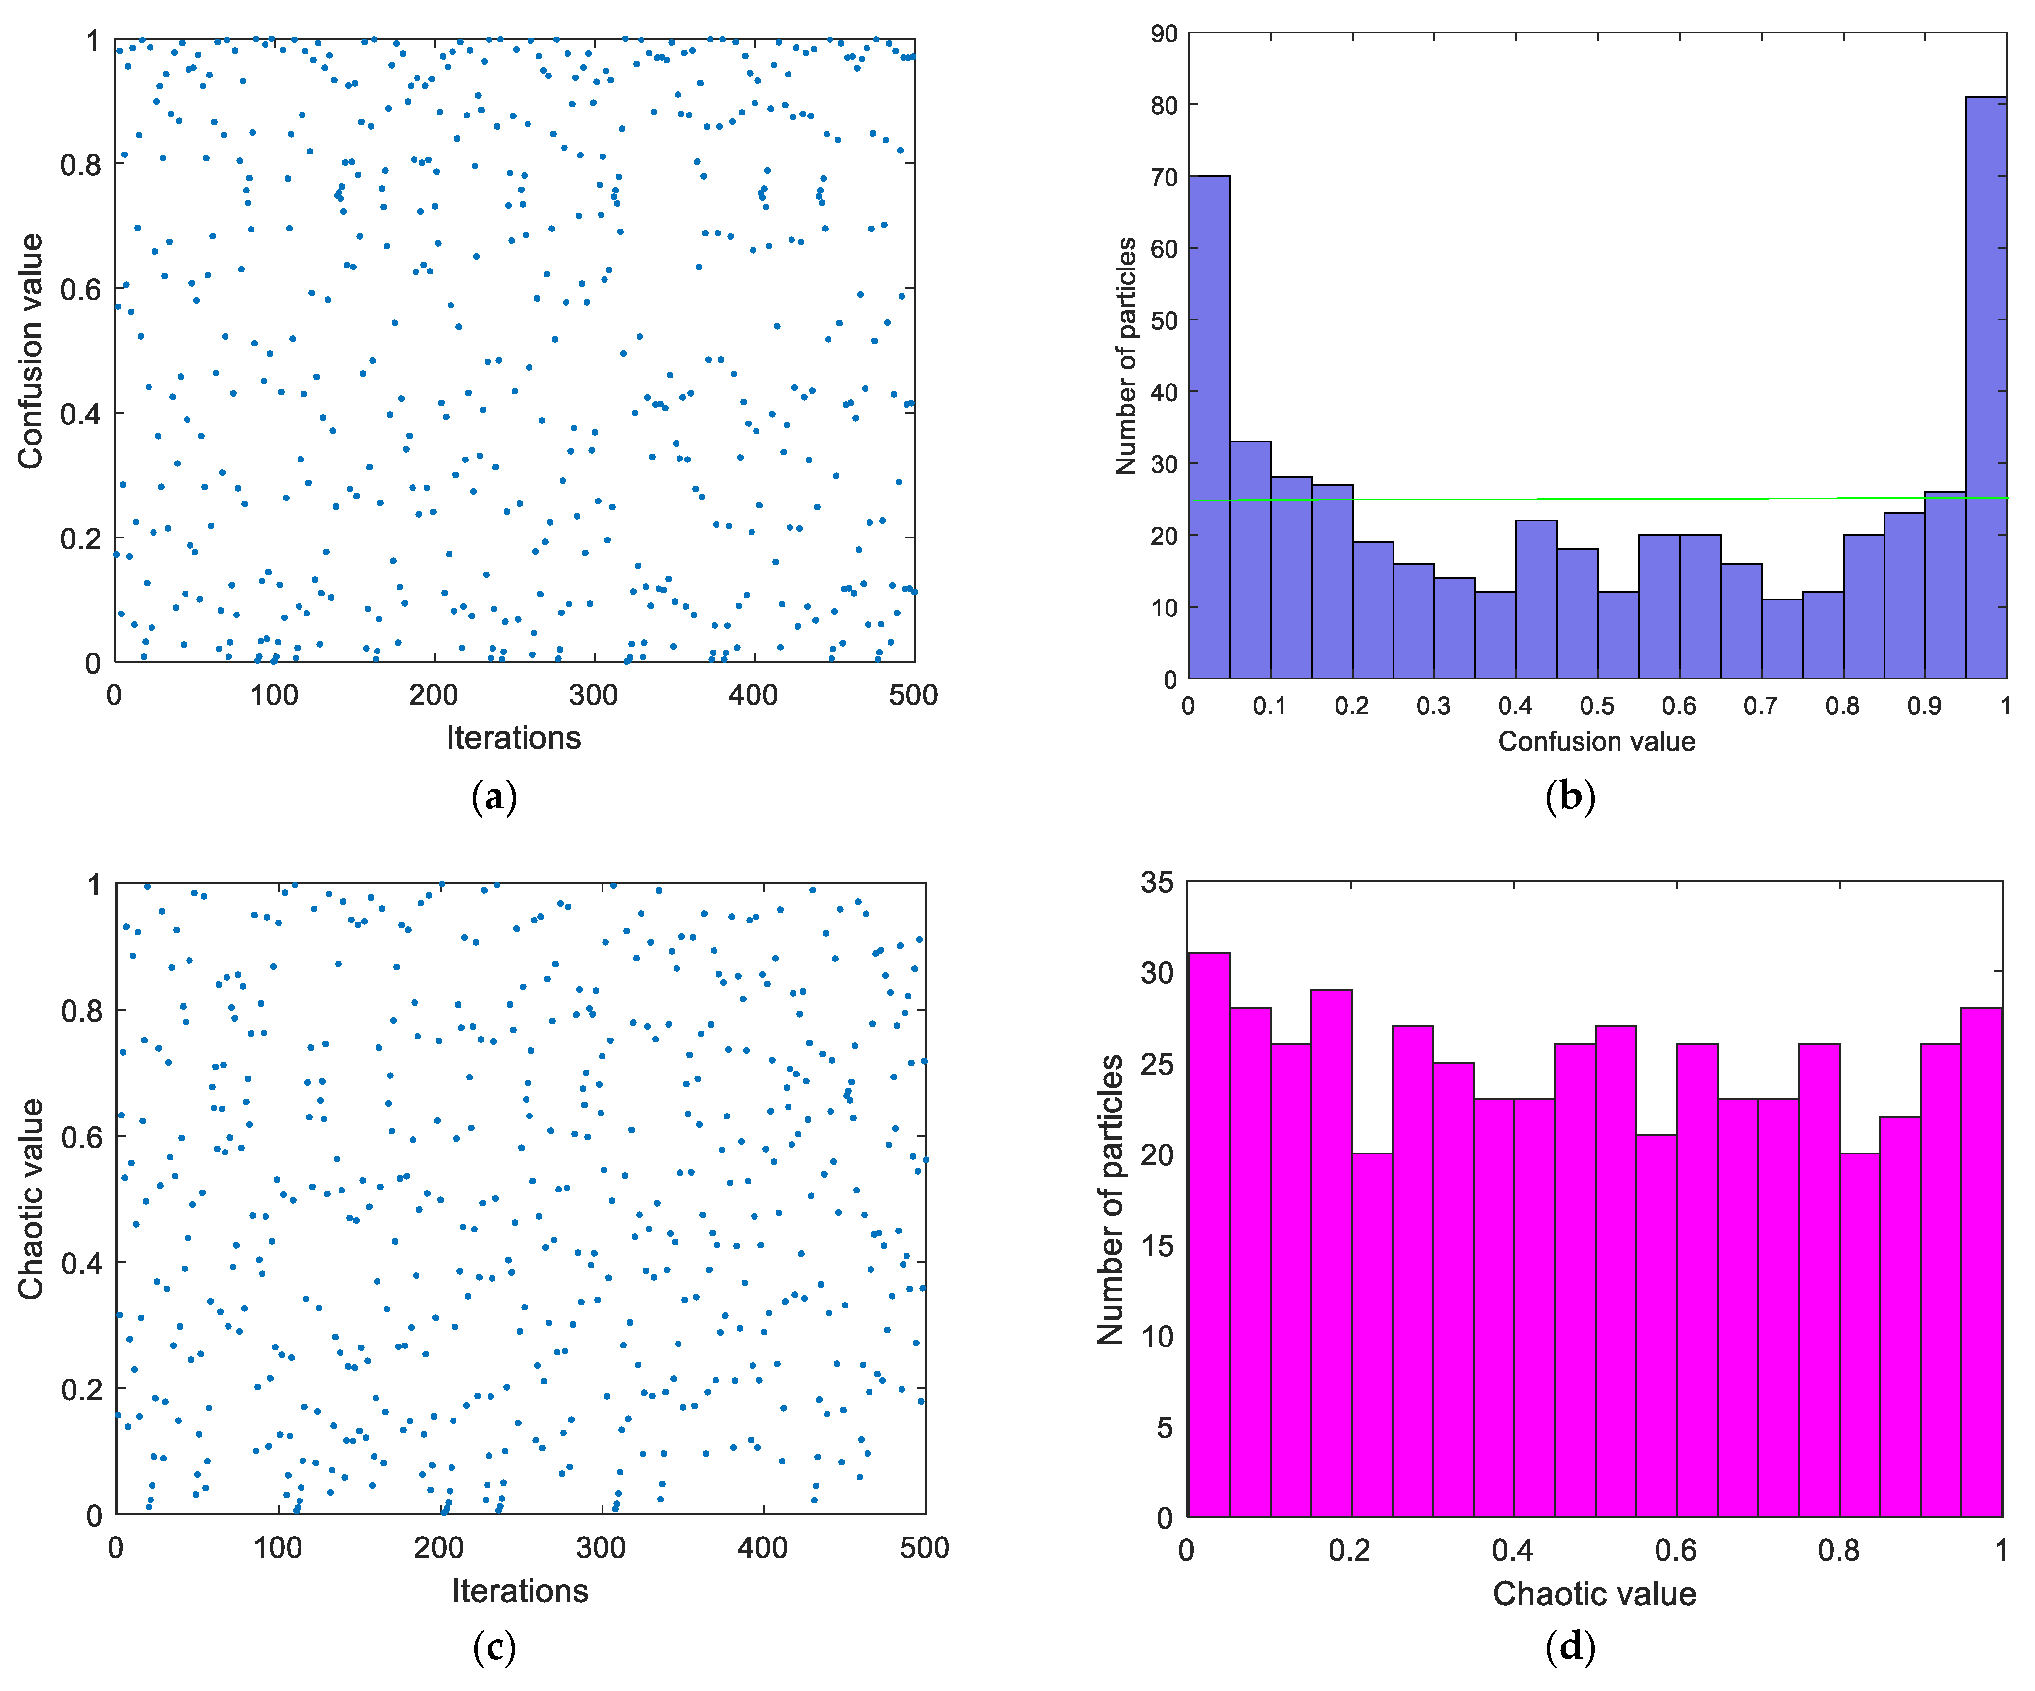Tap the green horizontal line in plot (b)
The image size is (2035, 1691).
pyautogui.click(x=1599, y=499)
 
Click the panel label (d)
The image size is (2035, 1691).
pyautogui.click(x=1570, y=1646)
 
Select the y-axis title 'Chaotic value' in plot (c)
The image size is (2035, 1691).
pyautogui.click(x=31, y=1199)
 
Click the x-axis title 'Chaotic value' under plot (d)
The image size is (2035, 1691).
pyautogui.click(x=1594, y=1594)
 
